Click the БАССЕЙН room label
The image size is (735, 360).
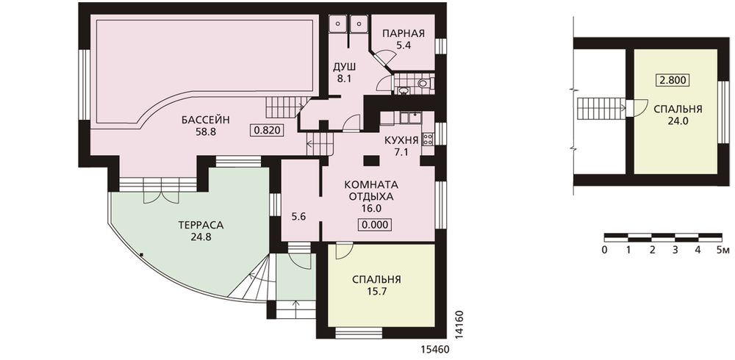(x=206, y=120)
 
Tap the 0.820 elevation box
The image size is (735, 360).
(x=268, y=130)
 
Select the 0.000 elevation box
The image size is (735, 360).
(x=375, y=225)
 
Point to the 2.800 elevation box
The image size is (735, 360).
(x=673, y=80)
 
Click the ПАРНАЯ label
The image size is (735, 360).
(x=403, y=33)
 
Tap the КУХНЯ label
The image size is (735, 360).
(x=401, y=140)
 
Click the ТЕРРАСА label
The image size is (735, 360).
(x=201, y=225)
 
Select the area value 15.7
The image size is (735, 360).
(x=376, y=292)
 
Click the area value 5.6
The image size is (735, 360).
(x=298, y=217)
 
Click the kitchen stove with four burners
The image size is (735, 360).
(x=429, y=138)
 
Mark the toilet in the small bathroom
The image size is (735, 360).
(x=423, y=84)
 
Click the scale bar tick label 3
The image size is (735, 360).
(x=675, y=250)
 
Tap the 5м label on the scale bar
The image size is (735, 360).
(x=723, y=250)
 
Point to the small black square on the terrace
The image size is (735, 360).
(x=141, y=254)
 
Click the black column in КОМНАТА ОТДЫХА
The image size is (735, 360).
(x=372, y=161)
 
